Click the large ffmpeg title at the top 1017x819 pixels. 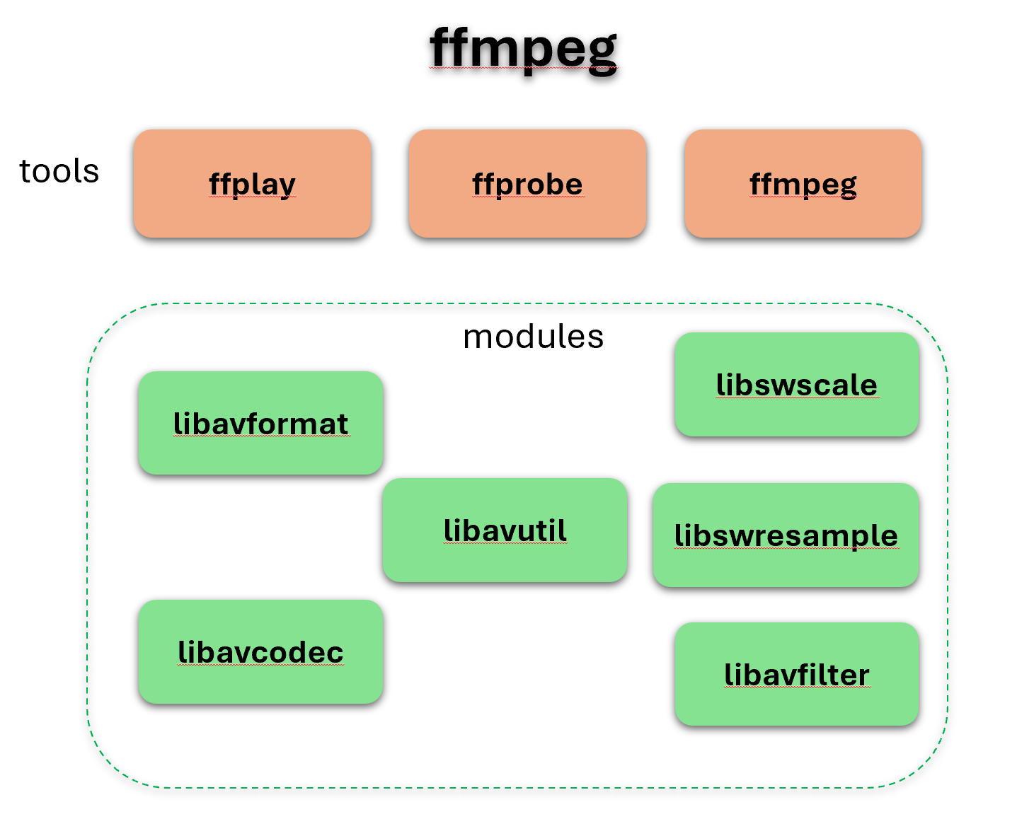tap(523, 48)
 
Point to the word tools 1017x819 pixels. tap(59, 171)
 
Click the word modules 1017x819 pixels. tap(533, 337)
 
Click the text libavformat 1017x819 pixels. tap(260, 424)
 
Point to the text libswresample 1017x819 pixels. tap(786, 535)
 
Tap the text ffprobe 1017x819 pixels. tap(527, 185)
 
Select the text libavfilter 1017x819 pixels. tap(796, 675)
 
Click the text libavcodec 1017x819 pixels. tap(260, 652)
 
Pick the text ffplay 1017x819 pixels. tap(252, 185)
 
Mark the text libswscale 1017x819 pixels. tap(796, 385)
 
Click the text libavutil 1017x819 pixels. tap(505, 530)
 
